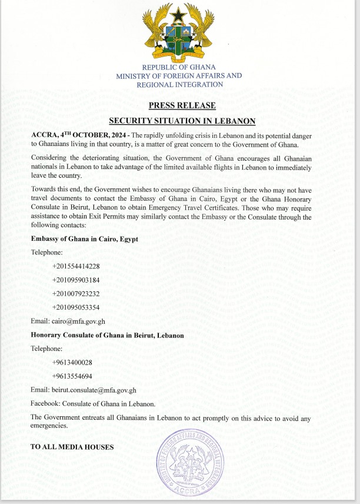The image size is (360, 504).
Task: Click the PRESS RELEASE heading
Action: (182, 106)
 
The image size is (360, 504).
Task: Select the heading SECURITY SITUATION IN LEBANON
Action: (182, 121)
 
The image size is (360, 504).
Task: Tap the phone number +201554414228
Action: (76, 267)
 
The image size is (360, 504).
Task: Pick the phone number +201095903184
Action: (76, 280)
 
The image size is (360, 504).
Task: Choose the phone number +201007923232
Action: (76, 294)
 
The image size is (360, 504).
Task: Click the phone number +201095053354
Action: (76, 307)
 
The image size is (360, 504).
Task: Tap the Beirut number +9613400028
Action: (72, 362)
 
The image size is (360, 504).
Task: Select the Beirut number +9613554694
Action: (72, 376)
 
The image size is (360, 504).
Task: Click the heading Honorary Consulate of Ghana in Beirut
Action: (107, 335)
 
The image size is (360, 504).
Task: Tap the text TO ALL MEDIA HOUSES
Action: (72, 447)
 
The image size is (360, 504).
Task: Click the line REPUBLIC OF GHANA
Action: (179, 67)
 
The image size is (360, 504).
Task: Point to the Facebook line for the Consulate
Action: (93, 403)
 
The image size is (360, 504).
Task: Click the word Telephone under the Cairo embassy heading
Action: (46, 252)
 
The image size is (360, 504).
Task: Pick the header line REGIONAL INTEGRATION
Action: (179, 85)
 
